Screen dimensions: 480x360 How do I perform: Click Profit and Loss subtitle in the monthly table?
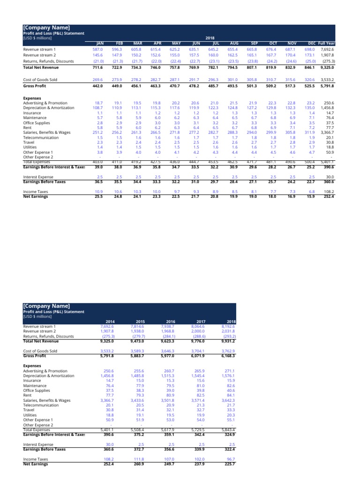(x=53, y=33)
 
